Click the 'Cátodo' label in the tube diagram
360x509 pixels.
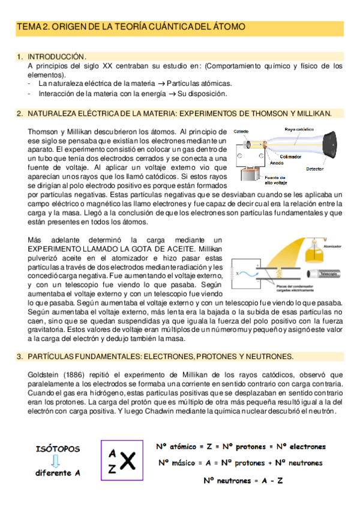(x=242, y=131)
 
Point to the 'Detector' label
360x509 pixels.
(x=315, y=169)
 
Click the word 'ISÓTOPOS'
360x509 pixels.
(x=58, y=449)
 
